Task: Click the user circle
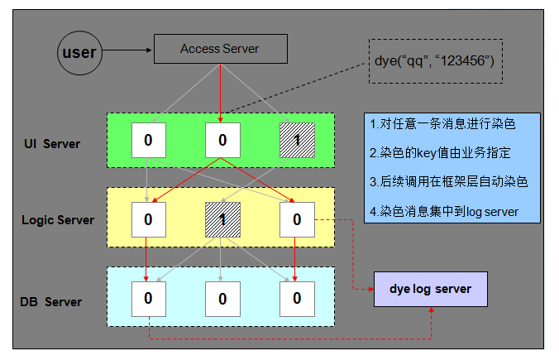pyautogui.click(x=80, y=53)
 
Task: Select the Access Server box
pyautogui.click(x=220, y=49)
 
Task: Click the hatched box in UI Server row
pyautogui.click(x=296, y=140)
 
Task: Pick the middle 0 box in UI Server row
pyautogui.click(x=222, y=140)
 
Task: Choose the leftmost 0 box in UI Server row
pyautogui.click(x=148, y=140)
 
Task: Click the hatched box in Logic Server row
pyautogui.click(x=222, y=219)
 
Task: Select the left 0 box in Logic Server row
pyautogui.click(x=148, y=219)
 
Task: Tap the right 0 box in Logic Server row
pyautogui.click(x=296, y=219)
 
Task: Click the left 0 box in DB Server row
pyautogui.click(x=148, y=298)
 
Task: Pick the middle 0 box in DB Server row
pyautogui.click(x=222, y=298)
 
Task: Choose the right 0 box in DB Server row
pyautogui.click(x=296, y=298)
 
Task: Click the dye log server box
pyautogui.click(x=430, y=289)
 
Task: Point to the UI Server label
pyautogui.click(x=52, y=144)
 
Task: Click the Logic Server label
pyautogui.click(x=58, y=220)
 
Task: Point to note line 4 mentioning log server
pyautogui.click(x=444, y=211)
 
